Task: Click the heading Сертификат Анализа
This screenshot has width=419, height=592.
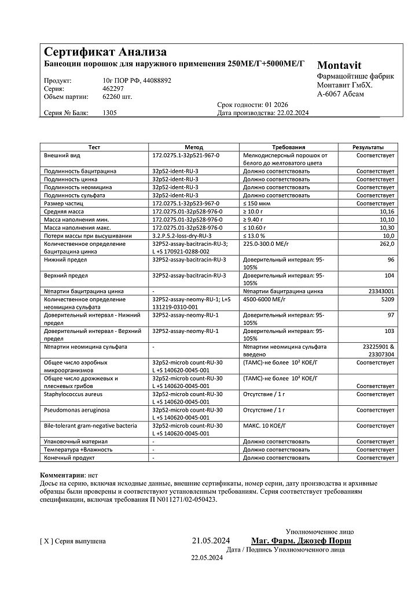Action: pyautogui.click(x=105, y=53)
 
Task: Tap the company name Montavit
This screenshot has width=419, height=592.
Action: pyautogui.click(x=339, y=65)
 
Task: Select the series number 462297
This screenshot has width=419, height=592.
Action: pyautogui.click(x=113, y=89)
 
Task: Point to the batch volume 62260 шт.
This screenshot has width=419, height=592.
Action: pyautogui.click(x=117, y=97)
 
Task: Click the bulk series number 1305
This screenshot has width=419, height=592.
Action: pyautogui.click(x=109, y=113)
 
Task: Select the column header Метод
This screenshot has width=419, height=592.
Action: pyautogui.click(x=194, y=147)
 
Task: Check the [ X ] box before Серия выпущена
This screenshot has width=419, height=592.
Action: pyautogui.click(x=46, y=542)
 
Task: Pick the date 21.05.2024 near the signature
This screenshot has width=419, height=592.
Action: pyautogui.click(x=211, y=541)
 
